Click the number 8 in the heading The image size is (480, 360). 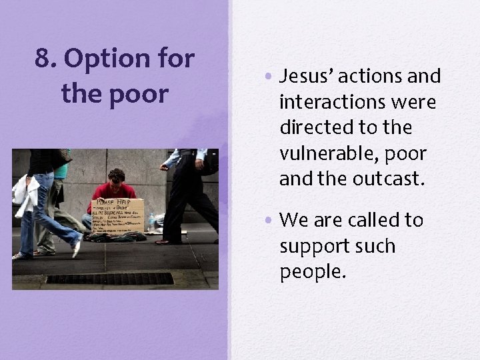tap(43, 60)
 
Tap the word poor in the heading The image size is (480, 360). tap(139, 94)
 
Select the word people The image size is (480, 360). tap(314, 271)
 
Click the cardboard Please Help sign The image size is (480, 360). tap(118, 213)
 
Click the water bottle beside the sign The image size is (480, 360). tap(151, 222)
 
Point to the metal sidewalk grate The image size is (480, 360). tap(109, 278)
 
